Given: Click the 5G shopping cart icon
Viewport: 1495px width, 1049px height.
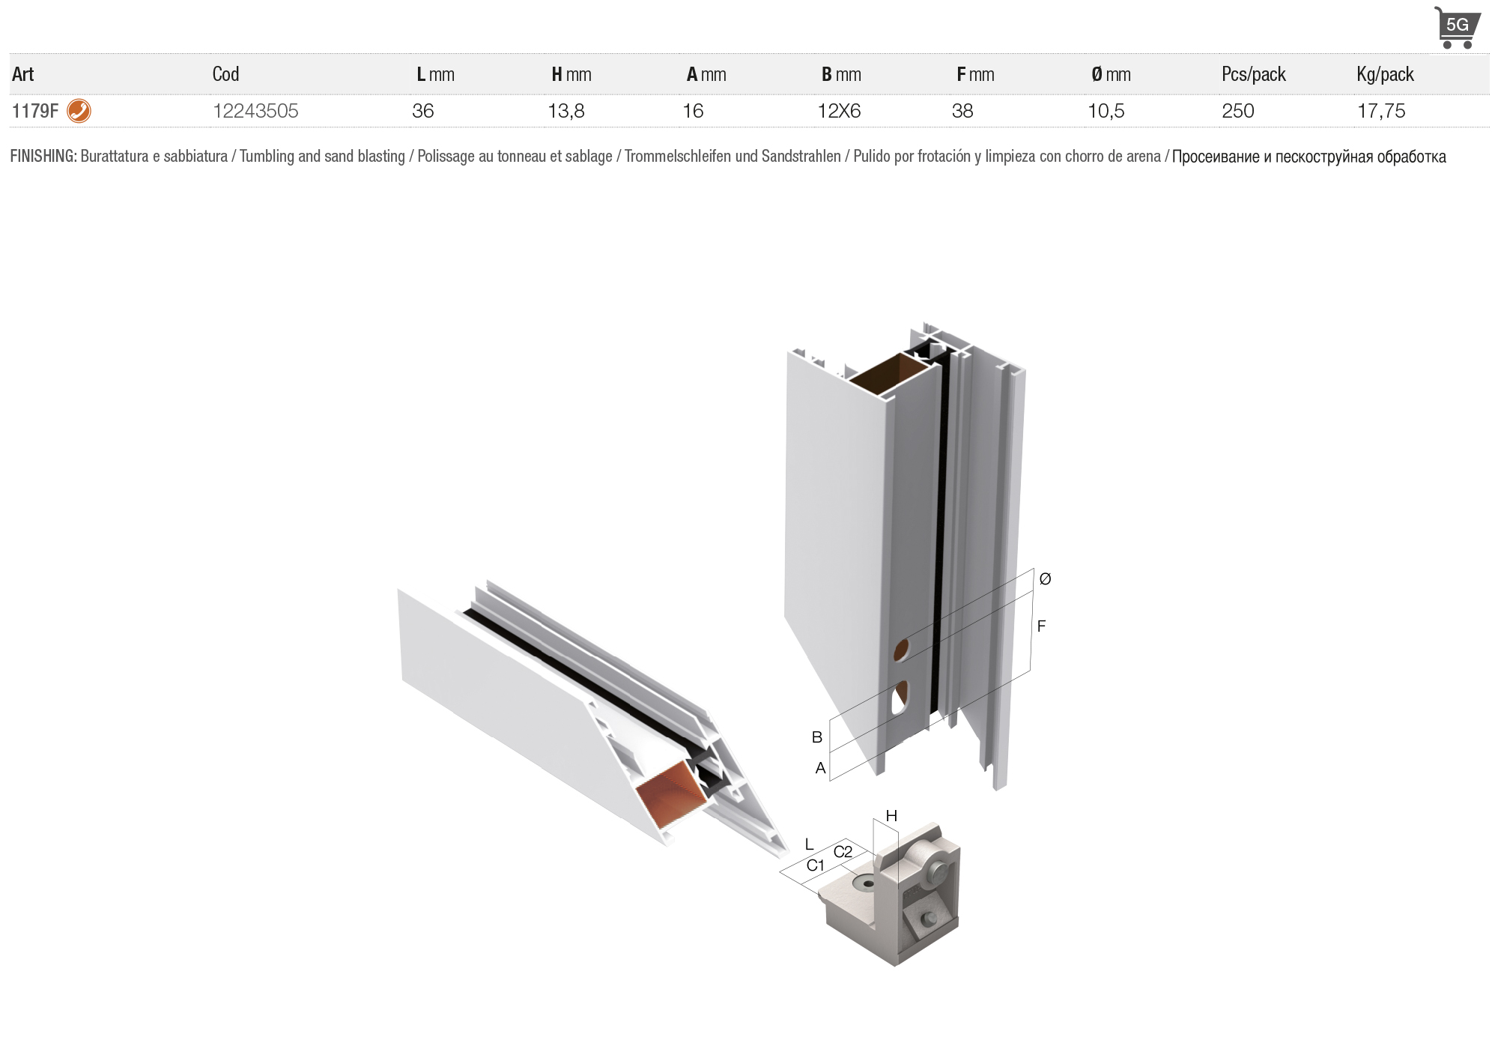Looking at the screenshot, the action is point(1457,28).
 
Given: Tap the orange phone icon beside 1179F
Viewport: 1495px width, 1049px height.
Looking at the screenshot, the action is point(79,111).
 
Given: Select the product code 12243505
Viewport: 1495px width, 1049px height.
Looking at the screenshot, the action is point(255,111).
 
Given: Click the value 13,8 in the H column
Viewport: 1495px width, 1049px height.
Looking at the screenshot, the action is point(565,111).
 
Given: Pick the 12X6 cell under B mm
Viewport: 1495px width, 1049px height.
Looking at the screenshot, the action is point(839,111).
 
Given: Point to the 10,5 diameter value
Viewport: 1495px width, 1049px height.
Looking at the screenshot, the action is point(1106,111).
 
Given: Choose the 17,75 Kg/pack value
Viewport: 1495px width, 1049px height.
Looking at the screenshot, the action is point(1381,111).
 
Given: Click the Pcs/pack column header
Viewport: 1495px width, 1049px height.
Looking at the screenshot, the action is point(1253,74).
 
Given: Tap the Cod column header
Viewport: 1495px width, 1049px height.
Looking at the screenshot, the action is point(225,74).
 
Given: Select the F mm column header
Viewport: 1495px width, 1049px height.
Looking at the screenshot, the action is point(975,74).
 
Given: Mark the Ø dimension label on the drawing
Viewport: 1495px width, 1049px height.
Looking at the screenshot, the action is point(1045,578).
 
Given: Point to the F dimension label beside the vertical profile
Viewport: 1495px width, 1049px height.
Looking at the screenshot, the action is point(1041,626).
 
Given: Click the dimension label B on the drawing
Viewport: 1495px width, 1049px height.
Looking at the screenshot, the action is point(817,737).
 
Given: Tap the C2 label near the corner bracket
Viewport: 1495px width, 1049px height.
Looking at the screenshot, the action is point(843,852).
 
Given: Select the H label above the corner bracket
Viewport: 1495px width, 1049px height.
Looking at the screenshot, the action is point(891,816).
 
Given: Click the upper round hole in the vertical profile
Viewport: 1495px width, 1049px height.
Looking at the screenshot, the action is point(903,650).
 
